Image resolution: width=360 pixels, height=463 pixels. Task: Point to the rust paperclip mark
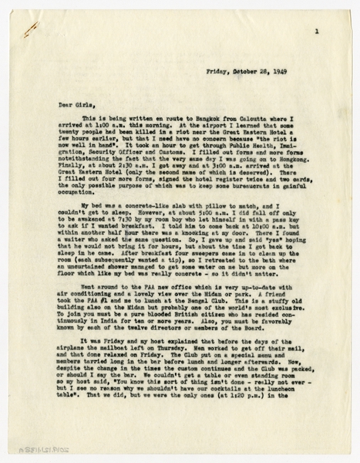click(x=30, y=29)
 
